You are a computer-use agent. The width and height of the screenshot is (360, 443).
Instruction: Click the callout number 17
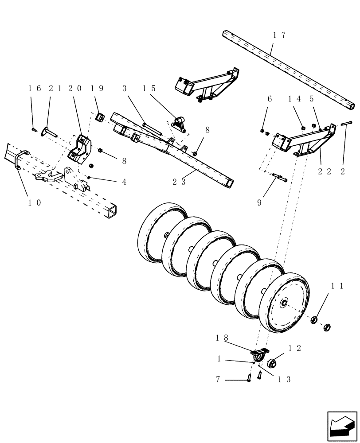(x=280, y=35)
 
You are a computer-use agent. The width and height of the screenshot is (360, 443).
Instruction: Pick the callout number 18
(x=222, y=338)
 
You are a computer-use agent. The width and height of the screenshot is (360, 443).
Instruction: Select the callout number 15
(x=149, y=88)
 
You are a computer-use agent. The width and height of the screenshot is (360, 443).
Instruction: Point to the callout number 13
(x=284, y=380)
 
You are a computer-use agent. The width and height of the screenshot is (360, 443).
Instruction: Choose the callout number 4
(x=124, y=182)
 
